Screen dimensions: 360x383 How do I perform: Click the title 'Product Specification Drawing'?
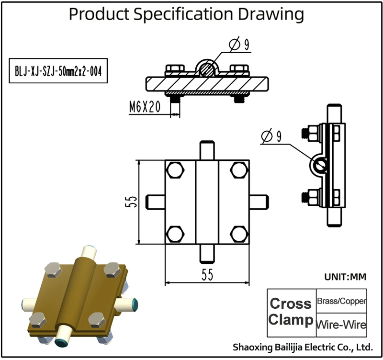186,14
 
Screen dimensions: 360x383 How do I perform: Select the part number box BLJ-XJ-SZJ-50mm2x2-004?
58,71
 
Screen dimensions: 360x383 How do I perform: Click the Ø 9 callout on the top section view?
240,45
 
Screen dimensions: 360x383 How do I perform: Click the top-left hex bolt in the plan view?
176,170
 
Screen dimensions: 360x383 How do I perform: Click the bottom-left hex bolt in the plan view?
176,234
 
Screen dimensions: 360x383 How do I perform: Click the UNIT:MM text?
345,277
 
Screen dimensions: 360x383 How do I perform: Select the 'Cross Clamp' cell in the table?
291,312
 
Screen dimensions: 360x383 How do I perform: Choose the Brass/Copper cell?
342,302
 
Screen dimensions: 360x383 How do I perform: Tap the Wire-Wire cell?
341,325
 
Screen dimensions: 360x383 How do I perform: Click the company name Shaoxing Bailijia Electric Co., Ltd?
302,347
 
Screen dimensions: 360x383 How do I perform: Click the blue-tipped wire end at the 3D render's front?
62,341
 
